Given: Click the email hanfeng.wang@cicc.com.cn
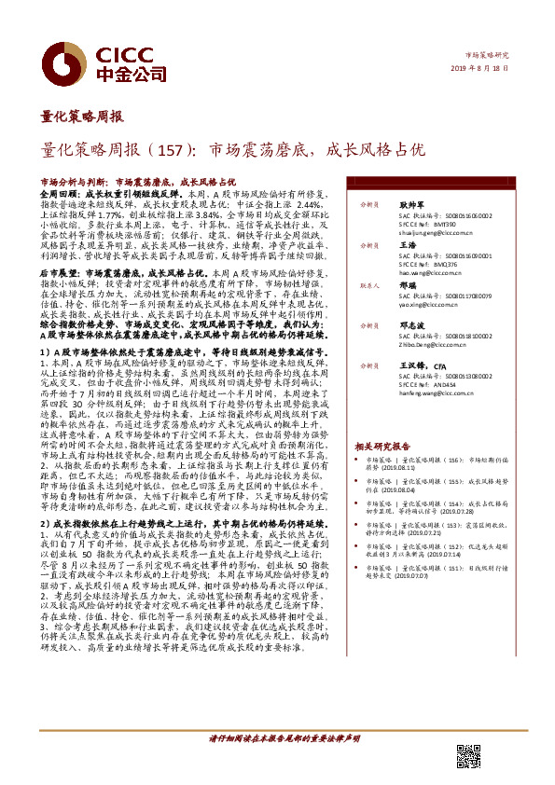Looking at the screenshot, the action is [435, 392].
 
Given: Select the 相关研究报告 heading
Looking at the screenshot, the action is [382, 447].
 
